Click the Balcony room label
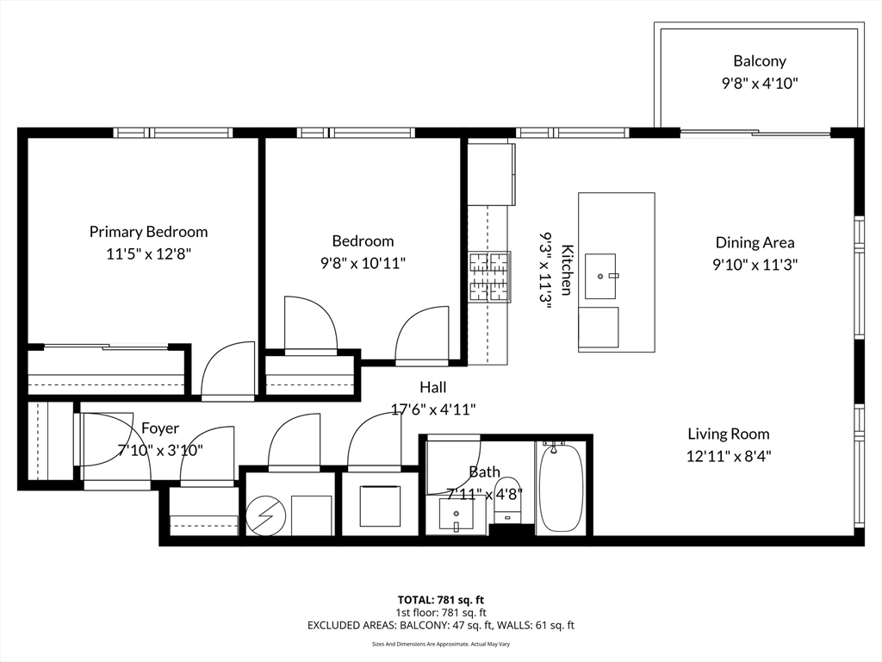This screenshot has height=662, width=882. coord(760,61)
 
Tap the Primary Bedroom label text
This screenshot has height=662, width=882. coord(148,232)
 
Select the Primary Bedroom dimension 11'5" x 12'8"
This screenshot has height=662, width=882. coord(149,254)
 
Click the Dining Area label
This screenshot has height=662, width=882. coord(755,242)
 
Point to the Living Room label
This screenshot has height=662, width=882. coord(729,434)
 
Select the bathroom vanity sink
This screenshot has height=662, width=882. coord(456,515)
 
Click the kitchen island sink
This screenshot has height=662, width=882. coord(600,276)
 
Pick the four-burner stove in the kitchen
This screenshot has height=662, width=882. coord(490,277)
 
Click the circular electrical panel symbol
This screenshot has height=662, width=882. coord(266,515)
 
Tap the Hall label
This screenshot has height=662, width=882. coord(433,387)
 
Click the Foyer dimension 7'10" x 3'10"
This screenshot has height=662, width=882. coord(160,450)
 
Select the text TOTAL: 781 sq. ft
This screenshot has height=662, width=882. coord(441,600)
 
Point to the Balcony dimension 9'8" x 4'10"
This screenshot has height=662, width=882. coord(760,84)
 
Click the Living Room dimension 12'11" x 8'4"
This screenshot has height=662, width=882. coord(729,456)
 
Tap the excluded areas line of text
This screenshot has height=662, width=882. coord(441,626)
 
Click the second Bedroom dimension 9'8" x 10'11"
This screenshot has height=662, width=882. coord(363,263)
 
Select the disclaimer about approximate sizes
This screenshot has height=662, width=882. coord(441,644)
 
